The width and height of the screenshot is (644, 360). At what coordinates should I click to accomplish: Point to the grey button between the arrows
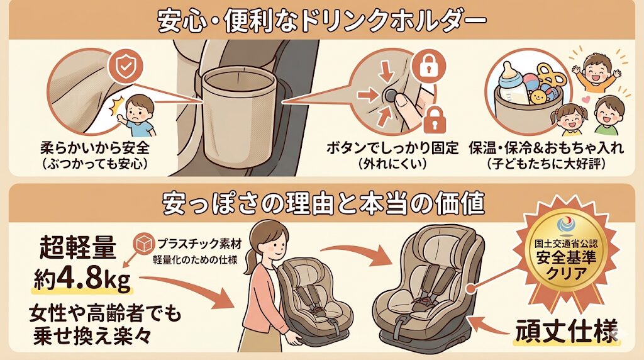[x=389, y=95]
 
